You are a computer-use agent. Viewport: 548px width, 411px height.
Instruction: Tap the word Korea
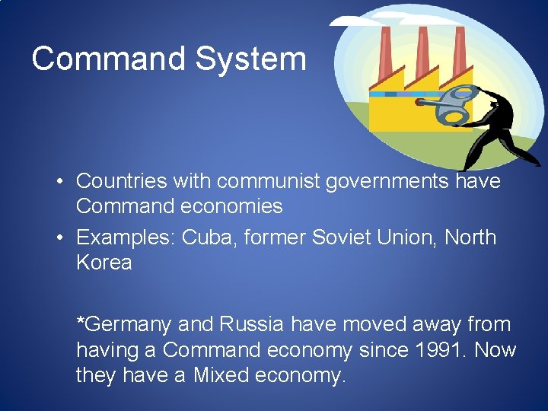(104, 263)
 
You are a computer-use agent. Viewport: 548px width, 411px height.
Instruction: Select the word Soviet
(342, 237)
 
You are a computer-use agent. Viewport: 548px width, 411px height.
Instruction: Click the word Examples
(126, 237)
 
